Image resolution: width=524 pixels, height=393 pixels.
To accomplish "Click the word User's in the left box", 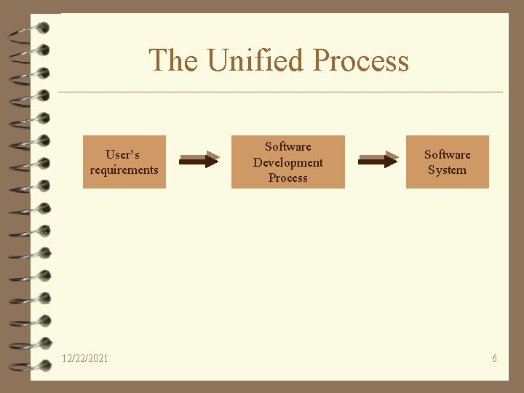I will pos(122,154).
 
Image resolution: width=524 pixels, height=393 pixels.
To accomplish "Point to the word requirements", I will pos(124,170).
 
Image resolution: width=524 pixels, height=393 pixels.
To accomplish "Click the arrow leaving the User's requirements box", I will pos(198,159).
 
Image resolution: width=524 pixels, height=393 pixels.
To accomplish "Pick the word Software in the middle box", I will pos(287,147).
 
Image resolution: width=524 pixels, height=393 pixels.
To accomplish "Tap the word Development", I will pos(287,162).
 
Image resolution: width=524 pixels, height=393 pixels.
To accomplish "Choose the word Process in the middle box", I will pos(287,178).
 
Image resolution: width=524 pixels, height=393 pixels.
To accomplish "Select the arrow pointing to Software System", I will pos(378,159).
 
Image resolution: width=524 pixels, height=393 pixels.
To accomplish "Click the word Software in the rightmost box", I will pos(447,154).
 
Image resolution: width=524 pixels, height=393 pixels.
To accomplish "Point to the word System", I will pos(447,170).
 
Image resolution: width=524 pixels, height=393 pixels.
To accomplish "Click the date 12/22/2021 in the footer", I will pos(85,358).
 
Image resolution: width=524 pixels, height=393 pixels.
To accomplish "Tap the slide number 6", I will pos(494,358).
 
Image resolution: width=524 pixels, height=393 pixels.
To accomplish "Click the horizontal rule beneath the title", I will pos(280,92).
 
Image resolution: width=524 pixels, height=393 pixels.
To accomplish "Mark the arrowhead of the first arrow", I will pos(212,159).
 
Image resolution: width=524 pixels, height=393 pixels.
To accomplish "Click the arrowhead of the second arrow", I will pos(392,159).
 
